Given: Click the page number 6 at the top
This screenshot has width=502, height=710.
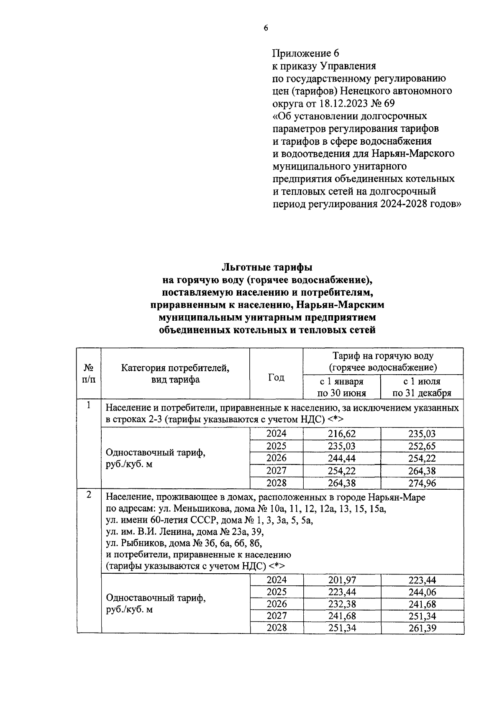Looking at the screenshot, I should pyautogui.click(x=265, y=28).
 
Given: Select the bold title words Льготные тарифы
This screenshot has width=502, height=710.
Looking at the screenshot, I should pyautogui.click(x=267, y=267).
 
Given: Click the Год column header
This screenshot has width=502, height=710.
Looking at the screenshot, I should pyautogui.click(x=276, y=377).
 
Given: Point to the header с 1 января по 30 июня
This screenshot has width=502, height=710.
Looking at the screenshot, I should pyautogui.click(x=341, y=387).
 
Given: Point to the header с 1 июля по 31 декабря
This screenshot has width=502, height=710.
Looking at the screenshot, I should pyautogui.click(x=422, y=387).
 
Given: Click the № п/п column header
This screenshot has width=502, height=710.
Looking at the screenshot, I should pyautogui.click(x=89, y=373).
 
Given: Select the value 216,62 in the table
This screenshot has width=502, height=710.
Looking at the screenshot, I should pyautogui.click(x=341, y=434).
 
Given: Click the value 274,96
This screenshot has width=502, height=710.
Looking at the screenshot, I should pyautogui.click(x=422, y=483).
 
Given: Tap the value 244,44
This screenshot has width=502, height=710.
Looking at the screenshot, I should pyautogui.click(x=341, y=458).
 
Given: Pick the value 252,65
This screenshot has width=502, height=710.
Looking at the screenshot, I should pyautogui.click(x=422, y=446).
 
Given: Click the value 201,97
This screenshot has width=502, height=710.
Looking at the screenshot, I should pyautogui.click(x=341, y=580).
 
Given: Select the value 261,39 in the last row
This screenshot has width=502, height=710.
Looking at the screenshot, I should pyautogui.click(x=422, y=628).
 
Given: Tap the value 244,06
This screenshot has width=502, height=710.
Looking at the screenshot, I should pyautogui.click(x=422, y=592).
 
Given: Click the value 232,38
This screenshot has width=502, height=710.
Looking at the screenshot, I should pyautogui.click(x=341, y=604).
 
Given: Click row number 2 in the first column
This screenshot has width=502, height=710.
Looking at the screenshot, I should pyautogui.click(x=89, y=495).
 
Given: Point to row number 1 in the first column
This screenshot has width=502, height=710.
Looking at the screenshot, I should pyautogui.click(x=89, y=405).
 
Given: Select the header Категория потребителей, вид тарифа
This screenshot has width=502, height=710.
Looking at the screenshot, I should pyautogui.click(x=175, y=373).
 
